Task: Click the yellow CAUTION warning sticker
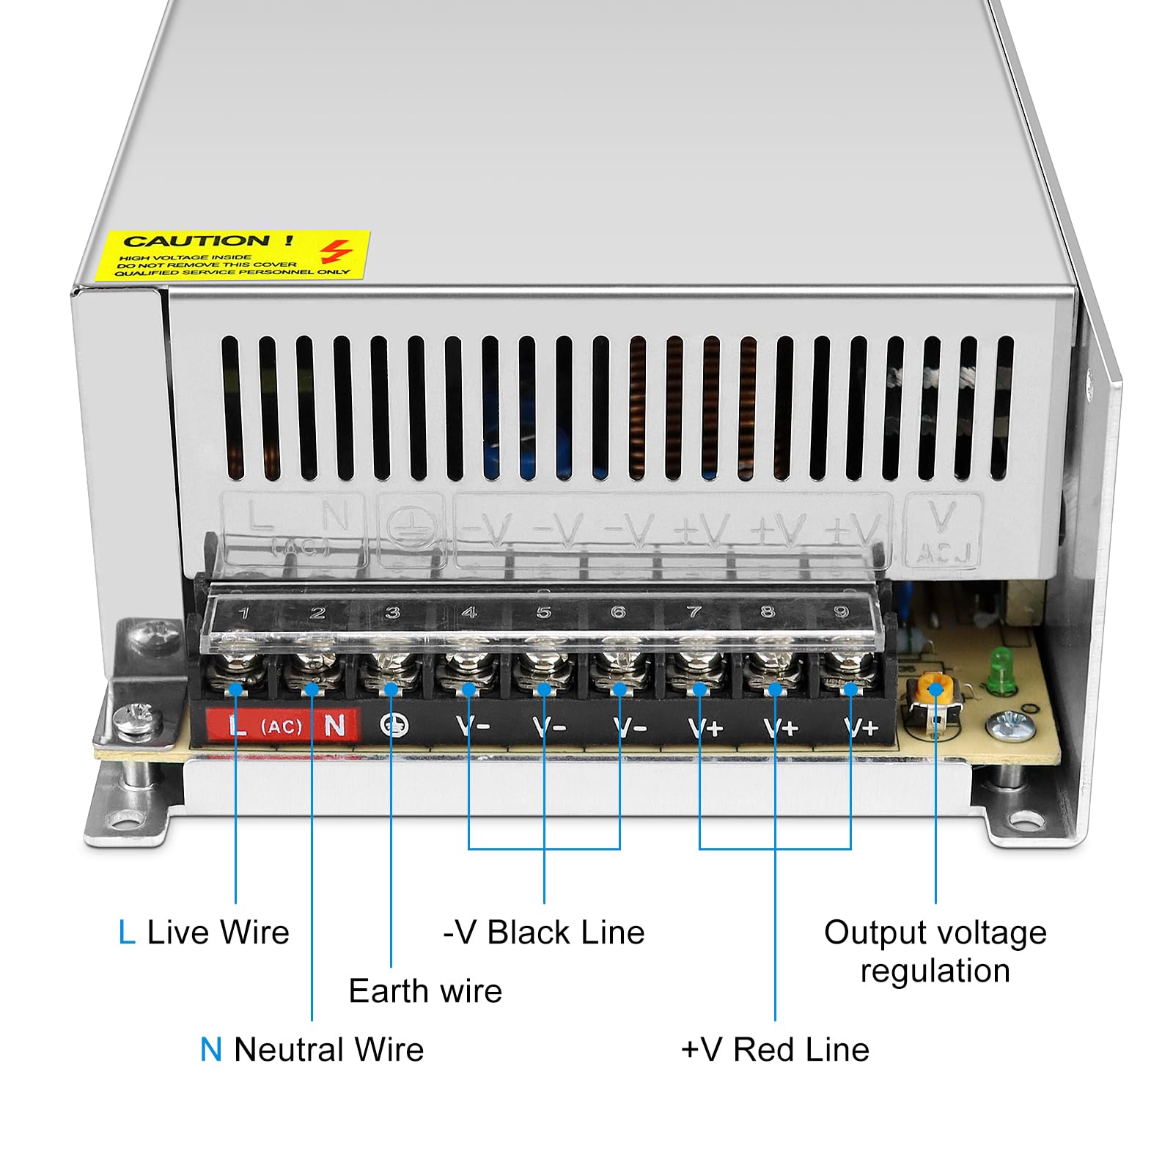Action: click(233, 255)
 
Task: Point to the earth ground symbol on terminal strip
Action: click(394, 725)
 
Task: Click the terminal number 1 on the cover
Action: click(243, 613)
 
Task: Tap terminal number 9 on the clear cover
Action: click(841, 611)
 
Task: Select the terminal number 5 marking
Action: click(543, 612)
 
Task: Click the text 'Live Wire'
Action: click(218, 933)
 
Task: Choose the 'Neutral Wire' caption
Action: click(328, 1049)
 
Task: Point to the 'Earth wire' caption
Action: click(425, 991)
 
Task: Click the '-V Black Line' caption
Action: click(543, 933)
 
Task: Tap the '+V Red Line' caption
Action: click(775, 1049)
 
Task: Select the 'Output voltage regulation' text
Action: click(935, 952)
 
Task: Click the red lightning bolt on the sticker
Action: click(335, 251)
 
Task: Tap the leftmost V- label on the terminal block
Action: click(472, 727)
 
